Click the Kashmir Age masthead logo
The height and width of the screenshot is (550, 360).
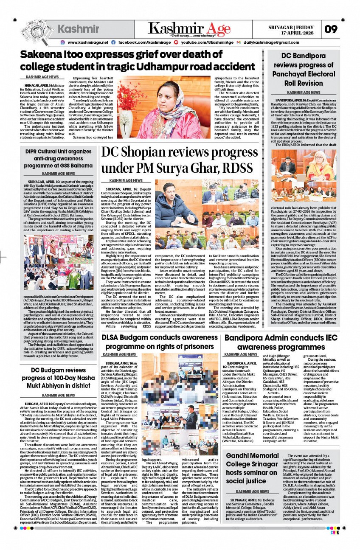[189, 28]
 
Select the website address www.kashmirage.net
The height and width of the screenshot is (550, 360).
[88, 42]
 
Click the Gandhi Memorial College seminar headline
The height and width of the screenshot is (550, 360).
[252, 468]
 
